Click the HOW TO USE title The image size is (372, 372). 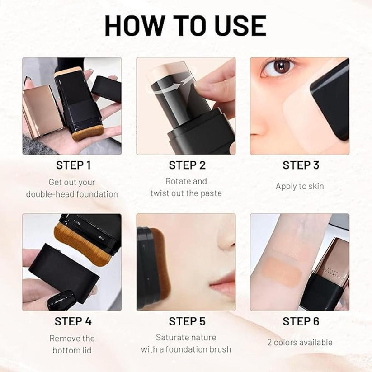tap(185, 26)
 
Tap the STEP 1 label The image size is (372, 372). tap(73, 165)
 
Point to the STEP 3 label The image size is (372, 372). tap(301, 165)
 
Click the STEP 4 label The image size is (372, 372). tap(73, 321)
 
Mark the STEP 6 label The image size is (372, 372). tap(301, 321)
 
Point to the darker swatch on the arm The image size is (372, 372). tap(283, 270)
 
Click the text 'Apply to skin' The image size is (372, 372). tap(300, 186)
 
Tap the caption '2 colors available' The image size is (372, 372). tap(300, 342)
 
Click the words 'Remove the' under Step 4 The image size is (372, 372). tap(72, 338)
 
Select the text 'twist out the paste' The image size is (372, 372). tap(186, 193)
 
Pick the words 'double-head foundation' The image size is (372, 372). tap(72, 194)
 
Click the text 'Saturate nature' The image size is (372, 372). tap(186, 338)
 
